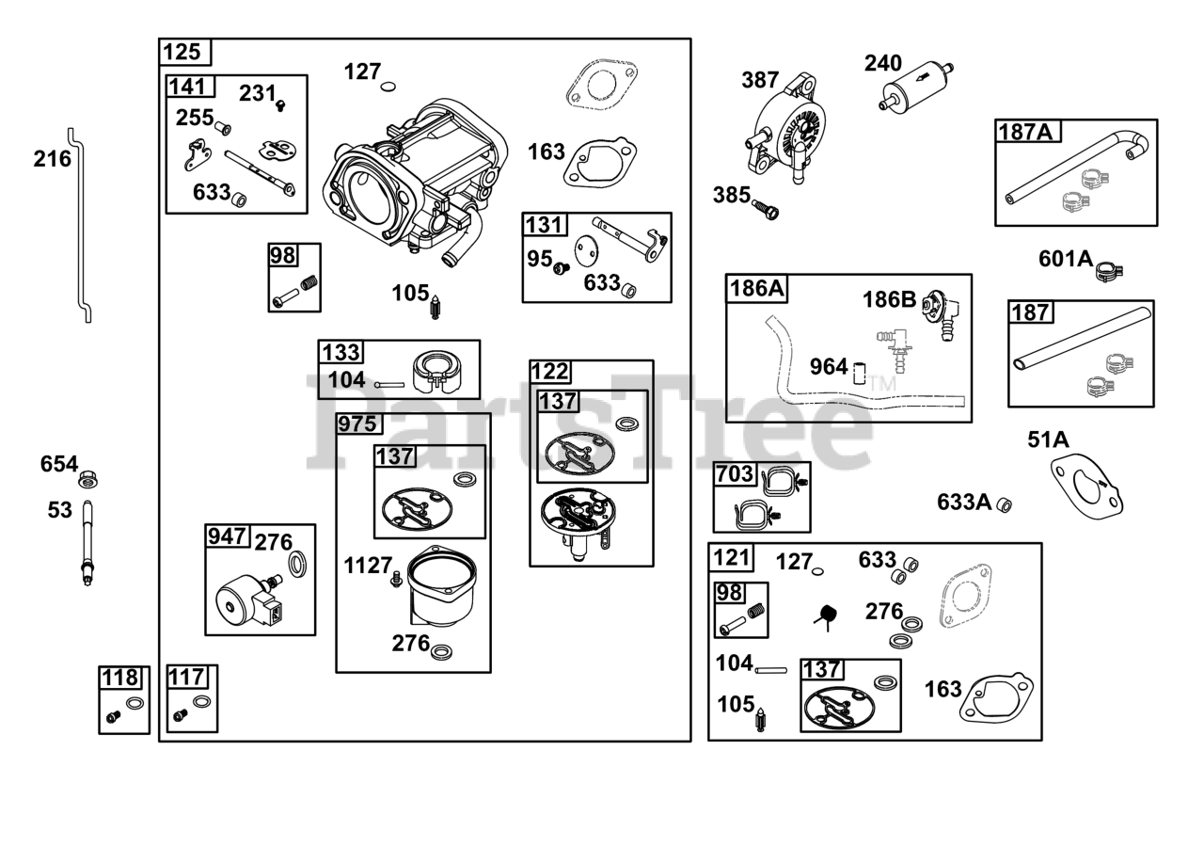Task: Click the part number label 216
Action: (52, 159)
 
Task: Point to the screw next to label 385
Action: (766, 209)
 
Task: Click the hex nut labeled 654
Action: (88, 479)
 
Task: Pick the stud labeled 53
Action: (87, 543)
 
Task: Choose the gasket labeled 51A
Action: (1086, 487)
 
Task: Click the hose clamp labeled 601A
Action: (1109, 271)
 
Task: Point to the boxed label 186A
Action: (757, 288)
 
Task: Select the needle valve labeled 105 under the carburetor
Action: (435, 308)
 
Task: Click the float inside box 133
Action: (437, 370)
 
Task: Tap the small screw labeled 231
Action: (280, 105)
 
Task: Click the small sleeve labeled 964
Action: (860, 373)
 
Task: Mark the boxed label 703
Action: (735, 474)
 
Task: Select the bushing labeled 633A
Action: (1004, 505)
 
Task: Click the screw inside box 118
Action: (113, 716)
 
